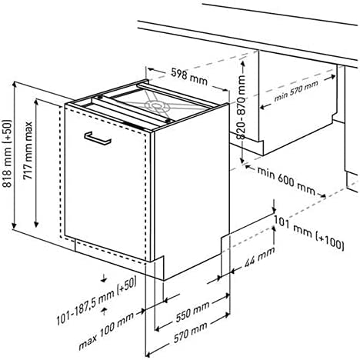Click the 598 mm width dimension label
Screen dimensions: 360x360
tap(189, 76)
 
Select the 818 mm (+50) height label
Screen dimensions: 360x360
tap(8, 153)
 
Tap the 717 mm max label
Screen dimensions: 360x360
tap(28, 151)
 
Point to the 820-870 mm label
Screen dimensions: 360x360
tap(242, 107)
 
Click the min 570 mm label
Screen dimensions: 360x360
tap(296, 91)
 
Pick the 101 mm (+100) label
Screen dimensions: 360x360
tap(309, 233)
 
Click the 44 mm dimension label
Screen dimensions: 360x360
tap(259, 257)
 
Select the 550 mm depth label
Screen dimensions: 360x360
tap(192, 312)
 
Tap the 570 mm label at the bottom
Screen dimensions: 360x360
tap(191, 332)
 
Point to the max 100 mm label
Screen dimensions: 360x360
tap(106, 331)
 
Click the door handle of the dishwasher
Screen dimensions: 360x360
tap(98, 138)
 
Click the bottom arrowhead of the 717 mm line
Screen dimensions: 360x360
tap(36, 224)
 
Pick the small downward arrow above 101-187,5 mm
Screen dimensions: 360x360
tap(104, 279)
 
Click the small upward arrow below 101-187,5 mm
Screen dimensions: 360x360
tap(104, 311)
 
